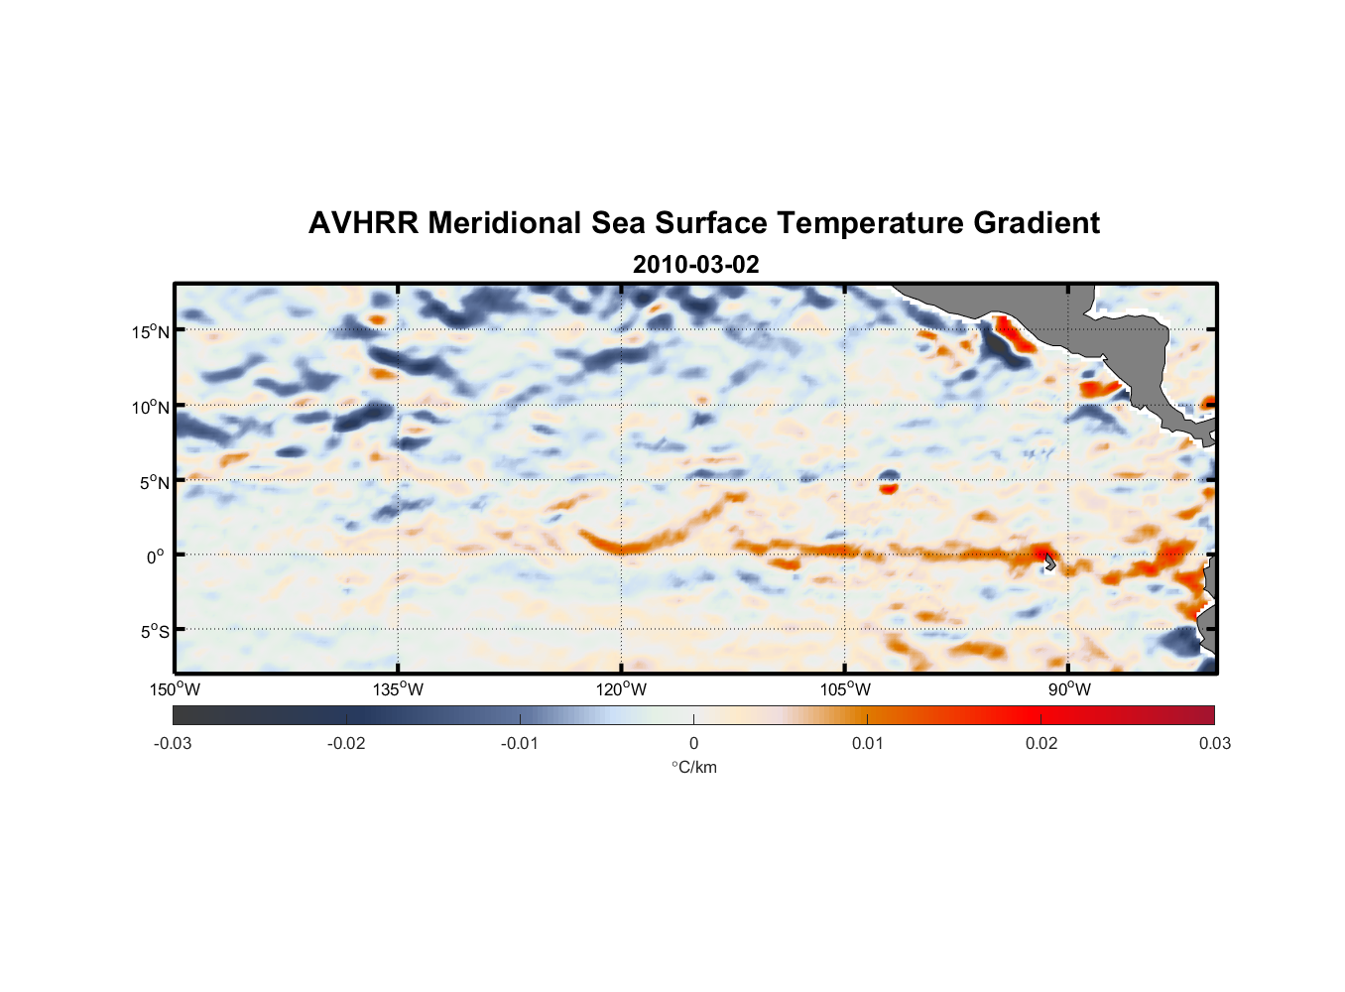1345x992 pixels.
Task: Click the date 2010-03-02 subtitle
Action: coord(695,265)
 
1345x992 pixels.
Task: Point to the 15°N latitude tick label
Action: coord(151,331)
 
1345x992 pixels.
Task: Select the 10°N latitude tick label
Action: coord(151,407)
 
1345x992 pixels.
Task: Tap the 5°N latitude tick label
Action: coord(155,482)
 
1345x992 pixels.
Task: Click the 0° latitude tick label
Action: coord(156,557)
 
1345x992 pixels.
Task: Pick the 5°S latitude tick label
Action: coord(155,631)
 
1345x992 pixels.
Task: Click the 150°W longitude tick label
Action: coord(175,689)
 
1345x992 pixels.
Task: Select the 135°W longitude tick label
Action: coord(398,689)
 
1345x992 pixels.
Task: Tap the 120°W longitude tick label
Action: coord(621,689)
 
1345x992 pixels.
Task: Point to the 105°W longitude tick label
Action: coord(845,689)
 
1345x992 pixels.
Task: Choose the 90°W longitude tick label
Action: coord(1069,689)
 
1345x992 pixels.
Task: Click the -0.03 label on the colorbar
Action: coord(173,743)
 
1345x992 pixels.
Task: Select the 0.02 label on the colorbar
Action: coord(1040,743)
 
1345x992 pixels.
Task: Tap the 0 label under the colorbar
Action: coord(693,743)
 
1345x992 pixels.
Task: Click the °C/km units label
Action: coord(693,767)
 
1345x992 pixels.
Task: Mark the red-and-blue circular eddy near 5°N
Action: coord(889,482)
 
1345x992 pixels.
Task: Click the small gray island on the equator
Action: coord(1050,562)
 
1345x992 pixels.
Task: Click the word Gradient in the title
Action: coord(1037,223)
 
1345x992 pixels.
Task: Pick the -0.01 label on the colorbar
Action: coord(520,743)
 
